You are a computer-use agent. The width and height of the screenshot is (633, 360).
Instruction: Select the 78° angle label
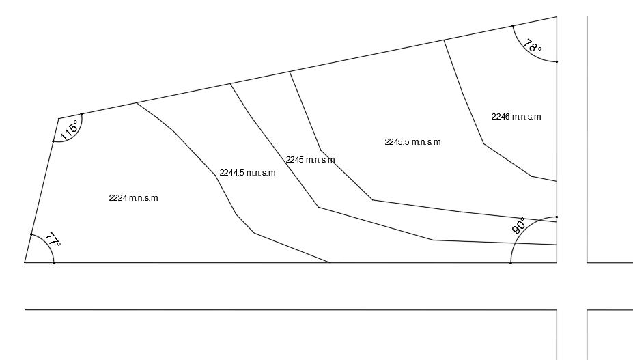click(x=533, y=46)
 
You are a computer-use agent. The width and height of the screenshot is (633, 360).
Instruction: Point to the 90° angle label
click(x=519, y=226)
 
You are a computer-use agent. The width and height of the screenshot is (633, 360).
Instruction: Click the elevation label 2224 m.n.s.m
click(x=133, y=198)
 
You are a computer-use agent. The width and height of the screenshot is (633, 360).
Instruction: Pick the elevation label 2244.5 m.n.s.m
click(x=247, y=173)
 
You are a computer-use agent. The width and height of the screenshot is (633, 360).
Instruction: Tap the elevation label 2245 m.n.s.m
click(x=310, y=160)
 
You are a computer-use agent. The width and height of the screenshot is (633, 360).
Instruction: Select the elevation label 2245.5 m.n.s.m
click(x=412, y=142)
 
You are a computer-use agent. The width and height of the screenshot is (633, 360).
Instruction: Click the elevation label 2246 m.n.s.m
click(x=516, y=117)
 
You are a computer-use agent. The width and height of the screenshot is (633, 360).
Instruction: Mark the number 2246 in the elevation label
click(x=501, y=117)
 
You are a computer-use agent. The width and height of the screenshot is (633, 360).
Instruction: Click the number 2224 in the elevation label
click(x=118, y=198)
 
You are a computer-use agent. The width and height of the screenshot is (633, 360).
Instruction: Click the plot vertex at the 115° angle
click(x=59, y=119)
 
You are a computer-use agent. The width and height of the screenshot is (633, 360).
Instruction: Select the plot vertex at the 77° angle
click(x=25, y=262)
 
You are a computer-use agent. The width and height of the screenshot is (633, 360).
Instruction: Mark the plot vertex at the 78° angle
click(x=557, y=17)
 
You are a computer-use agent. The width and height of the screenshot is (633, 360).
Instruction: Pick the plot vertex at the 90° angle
click(x=557, y=262)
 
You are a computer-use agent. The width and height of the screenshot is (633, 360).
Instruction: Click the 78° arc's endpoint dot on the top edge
click(x=513, y=26)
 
